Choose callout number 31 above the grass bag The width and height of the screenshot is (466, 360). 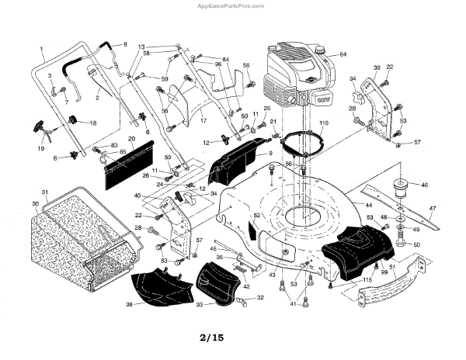[44, 192]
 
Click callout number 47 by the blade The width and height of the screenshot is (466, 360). [433, 209]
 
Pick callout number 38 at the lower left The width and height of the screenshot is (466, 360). [129, 304]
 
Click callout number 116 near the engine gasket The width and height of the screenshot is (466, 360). [323, 123]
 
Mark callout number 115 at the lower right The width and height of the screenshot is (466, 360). [367, 279]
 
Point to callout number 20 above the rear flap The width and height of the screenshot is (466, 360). [131, 139]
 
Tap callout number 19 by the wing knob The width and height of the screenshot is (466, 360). [41, 147]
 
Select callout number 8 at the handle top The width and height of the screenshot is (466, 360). [124, 45]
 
